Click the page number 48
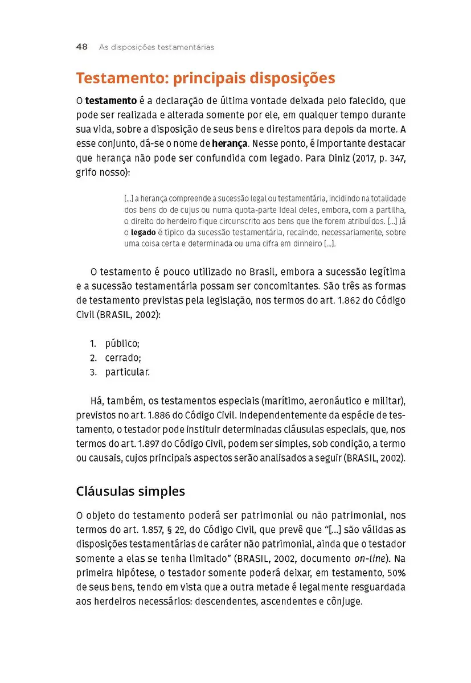pyautogui.click(x=81, y=47)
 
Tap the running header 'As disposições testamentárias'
pyautogui.click(x=157, y=47)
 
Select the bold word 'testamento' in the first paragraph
pyautogui.click(x=111, y=101)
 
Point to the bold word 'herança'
pyautogui.click(x=230, y=143)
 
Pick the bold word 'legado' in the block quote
pyautogui.click(x=143, y=233)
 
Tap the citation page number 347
pyautogui.click(x=397, y=157)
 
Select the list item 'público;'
pyautogui.click(x=122, y=343)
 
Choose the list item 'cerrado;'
pyautogui.click(x=122, y=358)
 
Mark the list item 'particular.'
pyautogui.click(x=127, y=372)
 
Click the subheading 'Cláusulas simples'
pyautogui.click(x=130, y=491)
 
